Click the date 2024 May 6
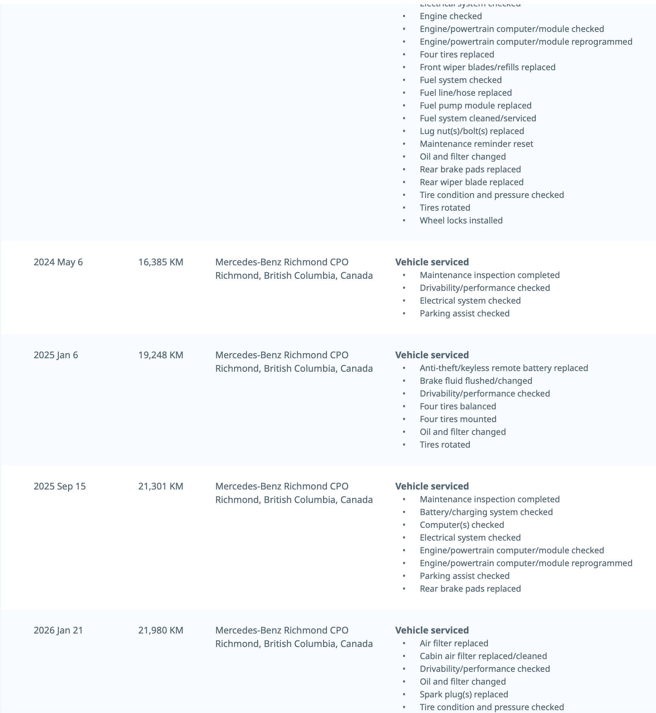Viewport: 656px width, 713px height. coord(58,262)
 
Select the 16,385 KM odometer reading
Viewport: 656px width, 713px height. coord(161,262)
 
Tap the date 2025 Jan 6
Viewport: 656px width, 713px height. coord(56,355)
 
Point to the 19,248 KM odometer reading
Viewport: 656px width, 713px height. coord(161,355)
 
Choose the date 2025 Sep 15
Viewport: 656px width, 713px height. coord(60,486)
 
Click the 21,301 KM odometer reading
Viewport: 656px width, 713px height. coord(161,486)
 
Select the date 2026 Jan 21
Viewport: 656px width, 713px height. coord(58,630)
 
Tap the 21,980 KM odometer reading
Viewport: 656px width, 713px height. coord(161,630)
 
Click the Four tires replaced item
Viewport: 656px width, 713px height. coord(457,54)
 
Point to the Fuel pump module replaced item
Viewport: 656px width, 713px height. coord(475,105)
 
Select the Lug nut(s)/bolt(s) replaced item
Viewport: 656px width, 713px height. coord(472,131)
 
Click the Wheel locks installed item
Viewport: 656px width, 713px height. coord(461,221)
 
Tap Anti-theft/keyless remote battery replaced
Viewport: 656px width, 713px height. coord(504,368)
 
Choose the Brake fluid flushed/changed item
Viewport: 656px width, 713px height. coord(476,381)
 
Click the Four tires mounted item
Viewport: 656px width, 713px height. coord(458,419)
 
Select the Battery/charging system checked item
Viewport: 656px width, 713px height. coord(486,512)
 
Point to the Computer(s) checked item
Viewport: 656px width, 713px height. coord(462,525)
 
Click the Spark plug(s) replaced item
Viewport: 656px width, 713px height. coord(463,694)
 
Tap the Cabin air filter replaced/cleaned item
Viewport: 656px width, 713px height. coord(483,656)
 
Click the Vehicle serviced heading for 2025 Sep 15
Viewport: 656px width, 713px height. coord(432,486)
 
